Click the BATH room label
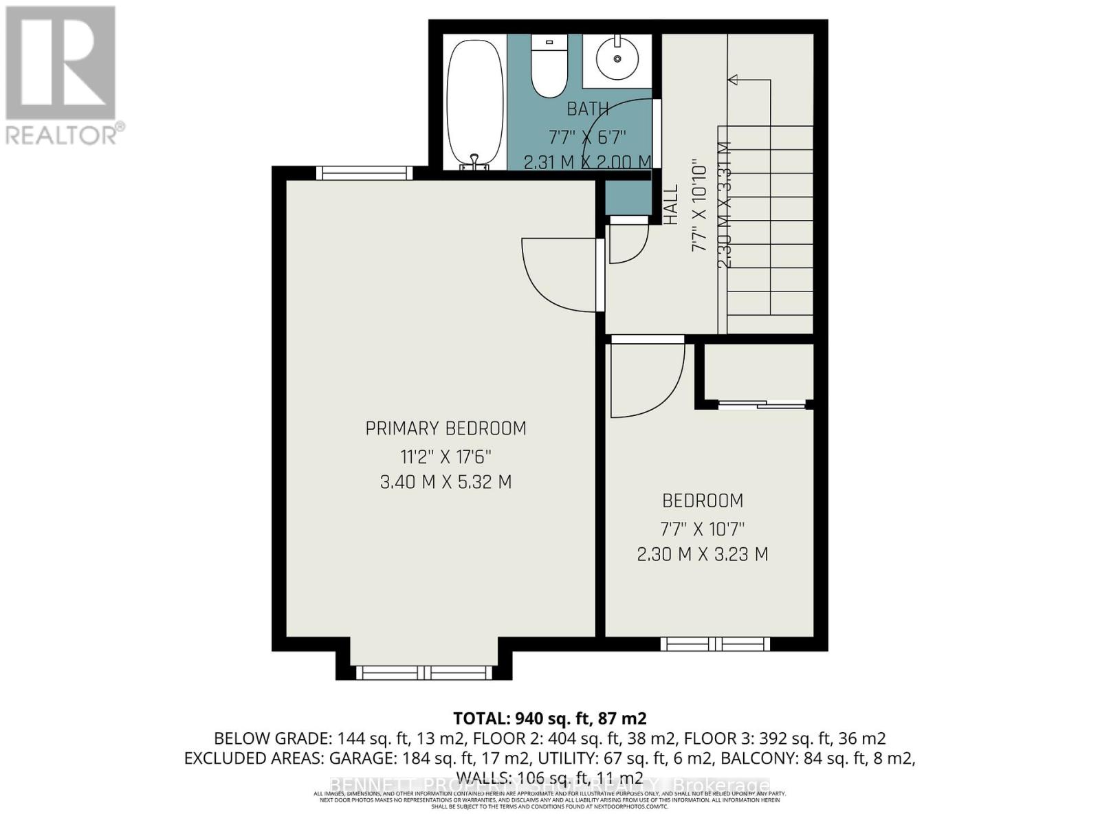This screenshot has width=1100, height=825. coord(587,109)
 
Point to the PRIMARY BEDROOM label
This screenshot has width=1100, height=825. coord(445,428)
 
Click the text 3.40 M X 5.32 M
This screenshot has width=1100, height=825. coord(445,482)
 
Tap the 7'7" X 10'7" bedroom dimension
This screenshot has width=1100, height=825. coord(702,529)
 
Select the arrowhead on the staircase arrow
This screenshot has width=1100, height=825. coord(733,80)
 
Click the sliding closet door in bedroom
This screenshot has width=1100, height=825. coord(761,405)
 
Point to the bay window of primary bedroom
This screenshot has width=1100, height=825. coord(424,672)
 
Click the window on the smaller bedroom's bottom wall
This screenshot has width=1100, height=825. coord(715,644)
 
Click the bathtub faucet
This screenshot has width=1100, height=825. coord(474,162)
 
